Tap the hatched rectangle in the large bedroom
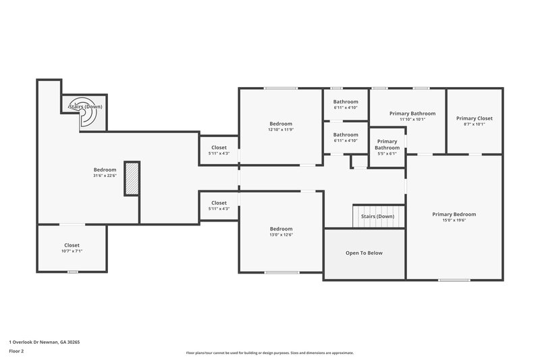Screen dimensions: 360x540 (132, 179)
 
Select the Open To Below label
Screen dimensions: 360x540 (364, 253)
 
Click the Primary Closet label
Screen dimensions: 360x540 (475, 118)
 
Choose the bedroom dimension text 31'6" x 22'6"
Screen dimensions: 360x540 (105, 176)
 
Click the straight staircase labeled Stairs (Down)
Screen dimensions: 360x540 (378, 217)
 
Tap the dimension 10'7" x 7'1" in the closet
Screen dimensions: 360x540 (71, 251)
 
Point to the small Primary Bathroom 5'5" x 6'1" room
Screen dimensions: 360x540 (387, 147)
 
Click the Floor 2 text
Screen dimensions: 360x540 (17, 351)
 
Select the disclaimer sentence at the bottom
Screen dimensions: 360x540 (269, 353)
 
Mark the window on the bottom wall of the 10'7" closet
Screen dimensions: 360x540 (72, 272)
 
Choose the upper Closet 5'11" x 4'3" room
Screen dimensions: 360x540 (219, 150)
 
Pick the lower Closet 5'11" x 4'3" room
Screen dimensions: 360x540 (219, 205)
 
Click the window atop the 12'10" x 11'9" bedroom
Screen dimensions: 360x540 (281, 88)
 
